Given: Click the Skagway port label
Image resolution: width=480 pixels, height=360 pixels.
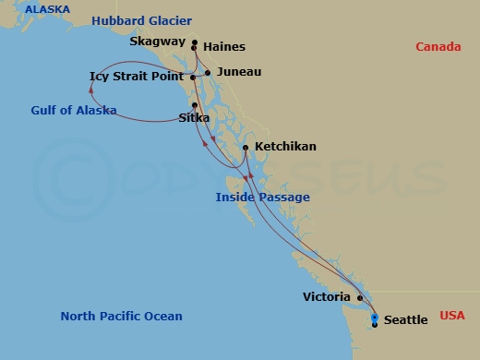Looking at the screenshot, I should [x=158, y=42].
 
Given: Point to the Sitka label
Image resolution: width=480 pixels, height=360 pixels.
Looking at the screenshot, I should [x=195, y=117].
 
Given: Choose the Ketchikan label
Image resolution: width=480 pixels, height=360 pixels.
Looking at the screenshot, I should [x=285, y=147].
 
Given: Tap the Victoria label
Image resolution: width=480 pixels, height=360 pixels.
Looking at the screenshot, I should [x=327, y=297].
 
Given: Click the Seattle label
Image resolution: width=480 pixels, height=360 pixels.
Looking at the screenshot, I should [x=405, y=320].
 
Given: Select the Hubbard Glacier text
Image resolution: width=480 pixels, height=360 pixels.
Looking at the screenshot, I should [x=141, y=21].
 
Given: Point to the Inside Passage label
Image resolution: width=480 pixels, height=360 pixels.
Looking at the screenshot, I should [x=262, y=198].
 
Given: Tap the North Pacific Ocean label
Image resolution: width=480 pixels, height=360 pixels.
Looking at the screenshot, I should [x=121, y=317].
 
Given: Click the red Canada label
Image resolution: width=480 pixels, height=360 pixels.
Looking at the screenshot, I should [x=438, y=47].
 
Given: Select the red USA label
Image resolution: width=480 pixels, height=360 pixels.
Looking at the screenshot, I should [x=453, y=316].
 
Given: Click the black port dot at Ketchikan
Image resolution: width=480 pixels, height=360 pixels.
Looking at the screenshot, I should [x=246, y=147].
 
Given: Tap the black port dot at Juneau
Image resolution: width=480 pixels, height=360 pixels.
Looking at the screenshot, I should [x=209, y=72].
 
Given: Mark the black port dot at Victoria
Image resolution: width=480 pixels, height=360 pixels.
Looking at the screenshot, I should [x=359, y=298].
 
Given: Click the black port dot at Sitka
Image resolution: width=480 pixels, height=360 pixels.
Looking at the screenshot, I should [x=195, y=104].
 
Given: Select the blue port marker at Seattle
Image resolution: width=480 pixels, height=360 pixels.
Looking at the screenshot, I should [x=374, y=318].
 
